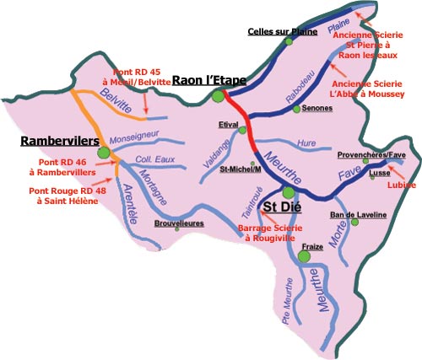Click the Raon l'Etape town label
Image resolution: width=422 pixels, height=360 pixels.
click(208, 81)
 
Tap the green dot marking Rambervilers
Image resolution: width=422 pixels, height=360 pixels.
click(104, 153)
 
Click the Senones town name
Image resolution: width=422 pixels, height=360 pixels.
click(308, 110)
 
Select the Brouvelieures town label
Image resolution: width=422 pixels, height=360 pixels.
click(181, 224)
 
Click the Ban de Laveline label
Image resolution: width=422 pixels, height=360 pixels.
click(358, 215)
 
